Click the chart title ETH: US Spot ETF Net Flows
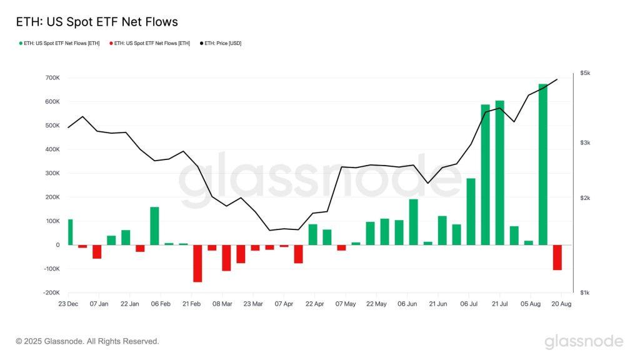tap(97, 22)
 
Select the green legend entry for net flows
tap(59, 43)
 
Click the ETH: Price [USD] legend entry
tap(221, 43)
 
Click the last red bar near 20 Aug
tap(557, 257)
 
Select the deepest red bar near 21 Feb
tap(197, 263)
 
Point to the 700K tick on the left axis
tap(52, 78)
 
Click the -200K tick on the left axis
tap(51, 292)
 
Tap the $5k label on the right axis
tap(585, 74)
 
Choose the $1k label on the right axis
tap(585, 292)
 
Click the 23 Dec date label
tap(68, 304)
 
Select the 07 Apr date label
tap(284, 304)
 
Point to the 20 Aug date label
tap(561, 304)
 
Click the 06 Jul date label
tap(469, 304)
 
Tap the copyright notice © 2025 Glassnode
tap(87, 341)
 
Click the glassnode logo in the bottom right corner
tap(584, 341)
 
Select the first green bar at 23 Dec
tap(71, 232)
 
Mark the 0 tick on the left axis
tap(57, 245)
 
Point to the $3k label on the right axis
tap(585, 143)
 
